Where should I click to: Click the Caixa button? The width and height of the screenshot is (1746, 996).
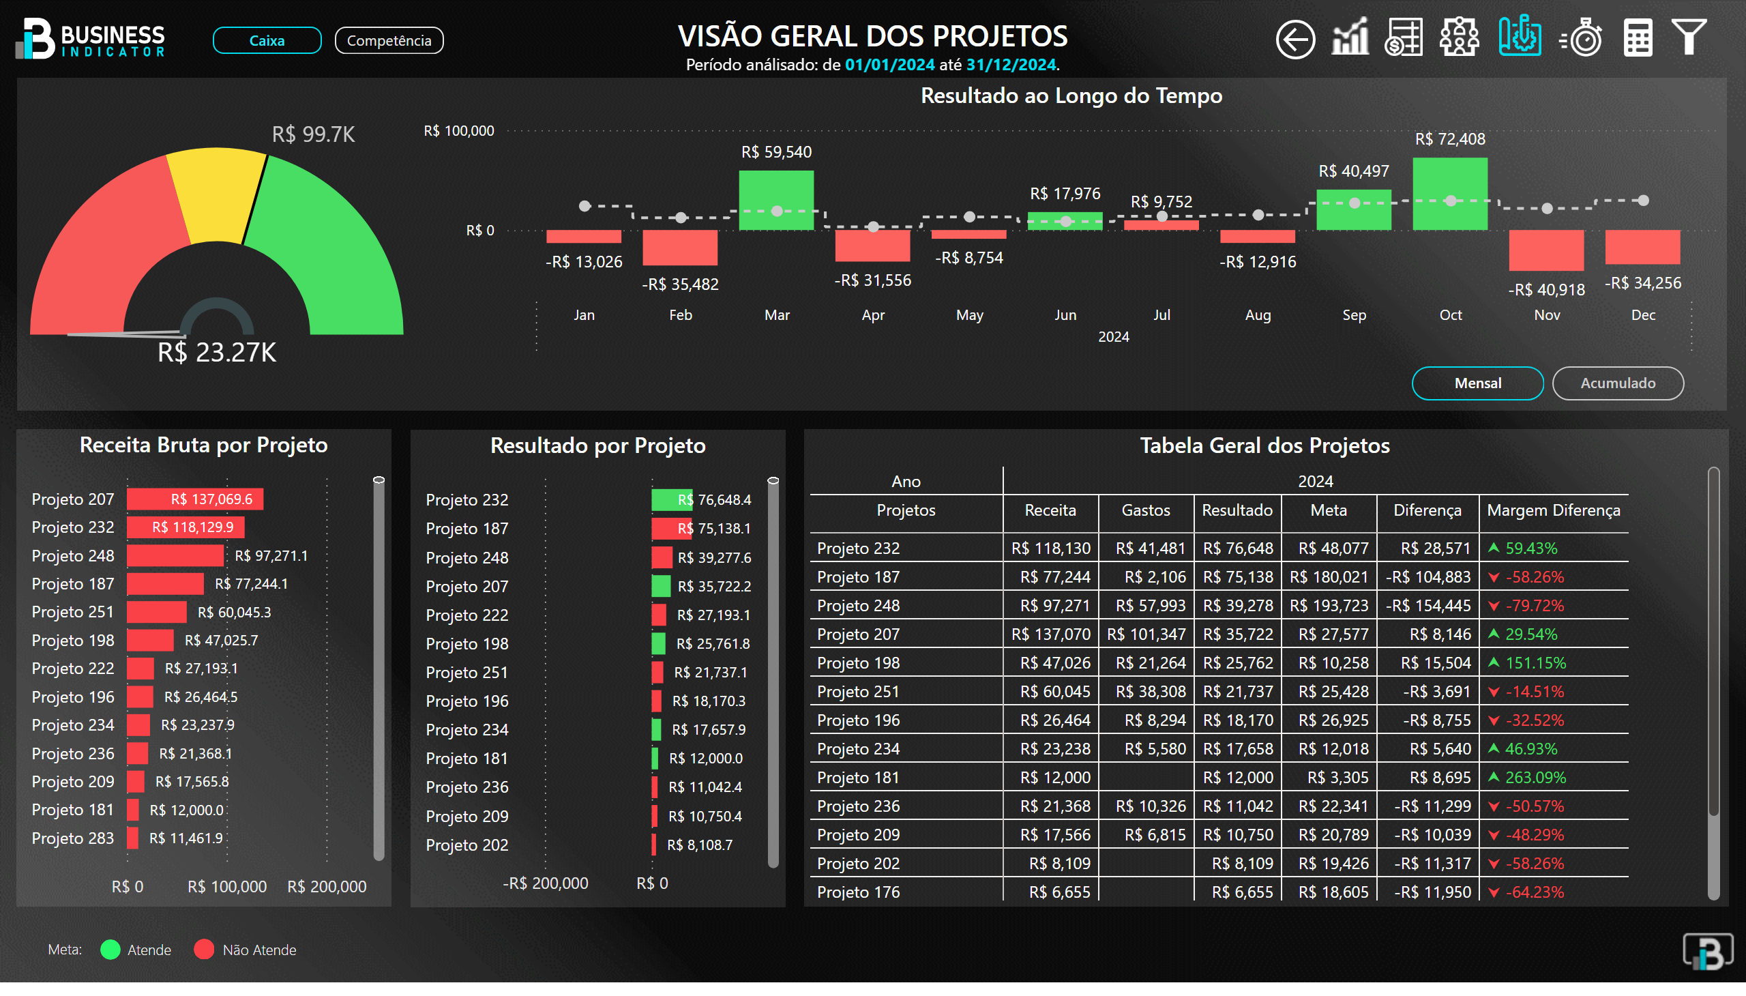tap(267, 40)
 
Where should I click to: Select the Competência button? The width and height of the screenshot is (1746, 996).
tap(389, 40)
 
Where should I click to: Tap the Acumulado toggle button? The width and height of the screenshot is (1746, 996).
tap(1616, 383)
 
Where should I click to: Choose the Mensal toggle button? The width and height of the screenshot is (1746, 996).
tap(1477, 383)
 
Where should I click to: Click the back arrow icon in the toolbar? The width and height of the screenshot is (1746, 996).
tap(1294, 39)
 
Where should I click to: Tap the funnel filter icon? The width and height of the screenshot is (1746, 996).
tap(1689, 37)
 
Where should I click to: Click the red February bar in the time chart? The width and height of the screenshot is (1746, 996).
tap(680, 247)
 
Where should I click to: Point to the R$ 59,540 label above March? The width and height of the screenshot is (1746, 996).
tap(776, 152)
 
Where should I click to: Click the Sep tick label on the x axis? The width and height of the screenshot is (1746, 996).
tap(1353, 314)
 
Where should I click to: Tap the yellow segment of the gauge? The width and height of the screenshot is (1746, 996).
tap(215, 195)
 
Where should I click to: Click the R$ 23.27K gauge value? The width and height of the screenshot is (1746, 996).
tap(217, 353)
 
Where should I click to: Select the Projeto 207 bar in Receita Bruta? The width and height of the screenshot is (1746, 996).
tap(195, 499)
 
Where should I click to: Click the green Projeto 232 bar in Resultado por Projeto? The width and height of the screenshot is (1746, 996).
tap(671, 500)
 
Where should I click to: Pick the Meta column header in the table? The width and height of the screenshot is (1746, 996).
tap(1328, 510)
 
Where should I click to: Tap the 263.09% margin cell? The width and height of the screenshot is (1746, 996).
tap(1535, 778)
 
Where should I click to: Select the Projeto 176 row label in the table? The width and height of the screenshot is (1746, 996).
tap(858, 892)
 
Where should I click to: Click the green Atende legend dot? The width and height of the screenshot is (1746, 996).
tap(110, 950)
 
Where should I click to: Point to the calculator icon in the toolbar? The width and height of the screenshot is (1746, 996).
tap(1637, 38)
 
